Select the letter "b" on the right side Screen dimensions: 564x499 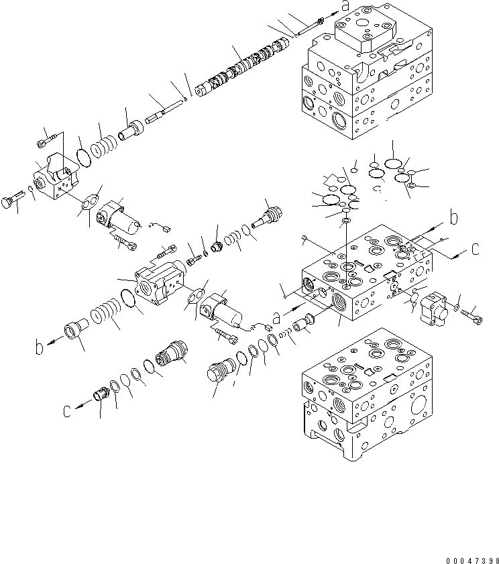[453, 218]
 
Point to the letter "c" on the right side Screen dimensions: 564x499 [476, 248]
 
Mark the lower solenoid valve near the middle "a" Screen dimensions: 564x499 [223, 310]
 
